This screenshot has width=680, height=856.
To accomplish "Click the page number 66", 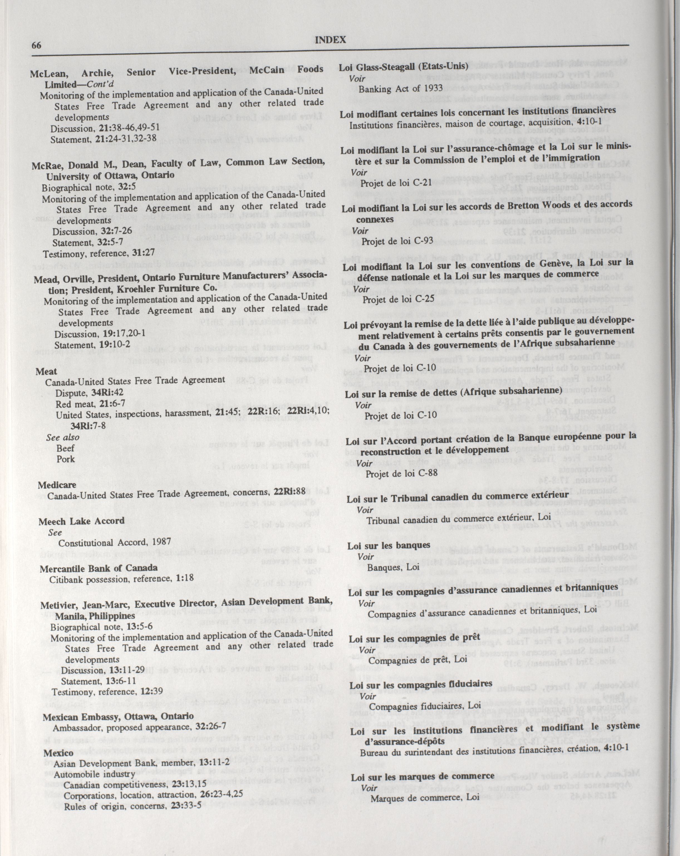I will pyautogui.click(x=36, y=45).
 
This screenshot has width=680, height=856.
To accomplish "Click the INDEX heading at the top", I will pyautogui.click(x=330, y=40).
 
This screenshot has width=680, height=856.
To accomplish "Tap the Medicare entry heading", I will pyautogui.click(x=57, y=485).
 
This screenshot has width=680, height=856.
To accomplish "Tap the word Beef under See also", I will pyautogui.click(x=66, y=448).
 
